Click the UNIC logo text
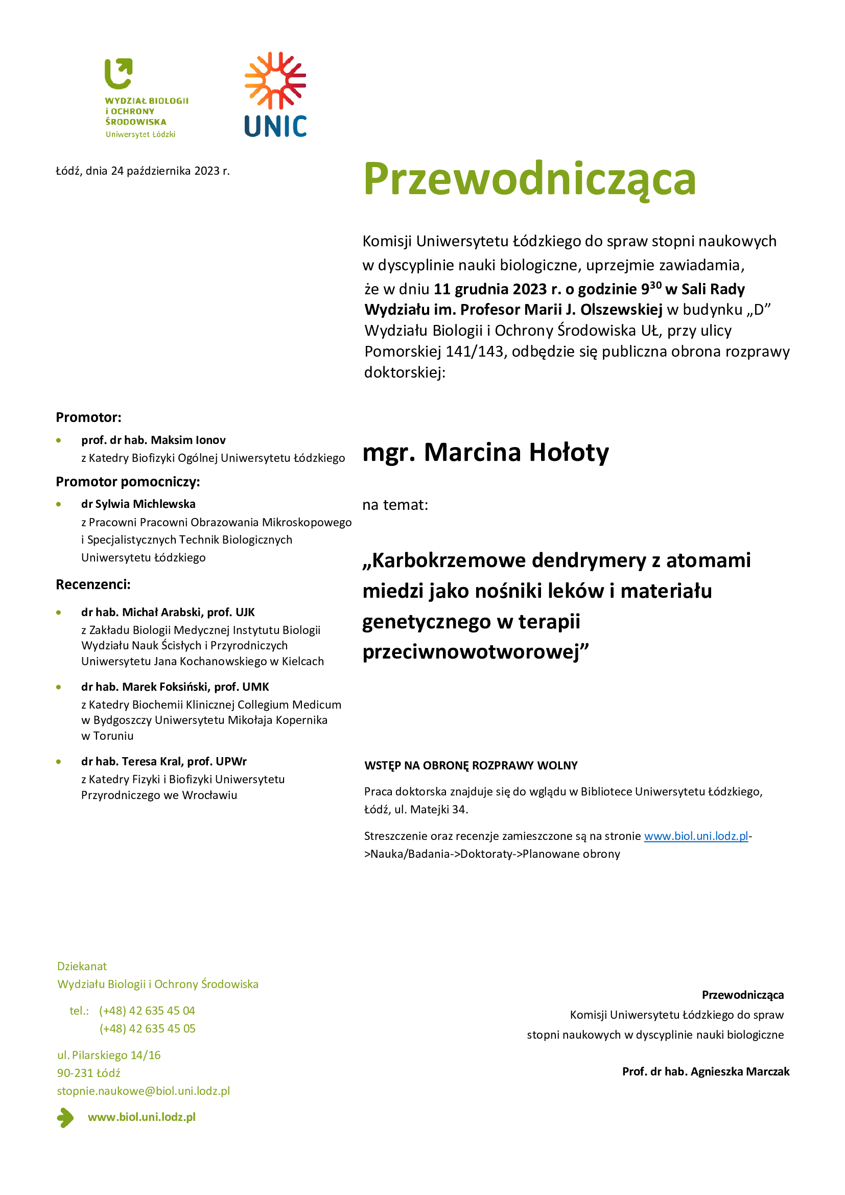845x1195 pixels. pos(275,127)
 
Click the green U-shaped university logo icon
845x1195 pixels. pos(119,74)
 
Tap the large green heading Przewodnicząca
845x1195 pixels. pos(529,179)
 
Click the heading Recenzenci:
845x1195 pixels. pos(93,584)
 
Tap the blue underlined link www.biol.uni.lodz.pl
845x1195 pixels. pos(696,836)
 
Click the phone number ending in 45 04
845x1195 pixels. pos(147,1011)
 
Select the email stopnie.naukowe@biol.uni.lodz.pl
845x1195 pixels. pos(144,1091)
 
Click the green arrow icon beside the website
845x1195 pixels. pos(65,1117)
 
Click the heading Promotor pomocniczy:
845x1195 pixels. pos(128,482)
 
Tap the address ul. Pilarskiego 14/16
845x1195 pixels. pos(109,1055)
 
